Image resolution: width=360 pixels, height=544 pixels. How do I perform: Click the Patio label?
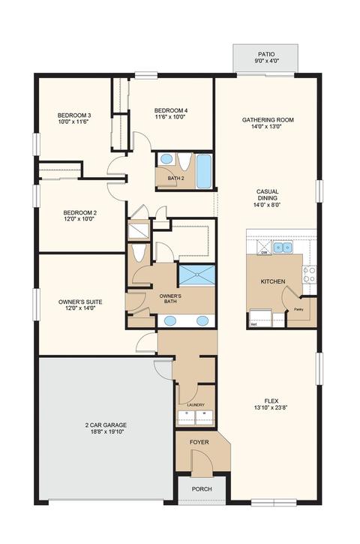point(266,54)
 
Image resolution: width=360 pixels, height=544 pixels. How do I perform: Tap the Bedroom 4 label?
point(171,110)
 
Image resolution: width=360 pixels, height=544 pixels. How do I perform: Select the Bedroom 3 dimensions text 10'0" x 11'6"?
point(73,122)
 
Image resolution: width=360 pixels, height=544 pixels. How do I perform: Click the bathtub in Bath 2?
point(204,171)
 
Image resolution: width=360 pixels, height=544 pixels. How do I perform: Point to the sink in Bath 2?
point(166,159)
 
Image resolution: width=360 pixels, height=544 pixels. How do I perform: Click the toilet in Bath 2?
point(184,161)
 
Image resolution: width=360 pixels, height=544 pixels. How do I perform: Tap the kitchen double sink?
point(283,248)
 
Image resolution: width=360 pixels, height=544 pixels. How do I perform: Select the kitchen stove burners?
point(309,274)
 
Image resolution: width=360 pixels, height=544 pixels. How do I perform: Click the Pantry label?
point(298,309)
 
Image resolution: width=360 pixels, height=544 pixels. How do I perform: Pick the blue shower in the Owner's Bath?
point(196,275)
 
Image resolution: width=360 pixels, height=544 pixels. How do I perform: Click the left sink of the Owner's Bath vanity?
point(170,320)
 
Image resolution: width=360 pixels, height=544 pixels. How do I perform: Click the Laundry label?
point(196,405)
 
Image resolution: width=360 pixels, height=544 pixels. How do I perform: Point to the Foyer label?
point(199,442)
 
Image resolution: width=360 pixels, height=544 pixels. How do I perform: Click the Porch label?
point(202,488)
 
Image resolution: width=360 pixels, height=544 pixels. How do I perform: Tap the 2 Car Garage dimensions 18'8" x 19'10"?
point(106,431)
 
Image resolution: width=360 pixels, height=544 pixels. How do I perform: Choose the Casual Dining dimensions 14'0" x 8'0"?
point(267,204)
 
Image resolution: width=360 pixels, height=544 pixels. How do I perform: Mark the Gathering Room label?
point(268,120)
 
